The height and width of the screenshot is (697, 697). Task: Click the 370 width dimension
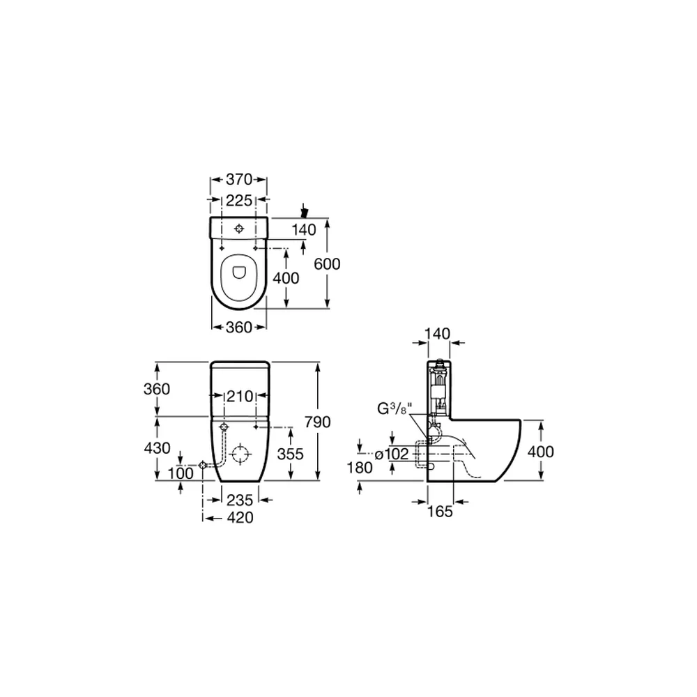pos(239,179)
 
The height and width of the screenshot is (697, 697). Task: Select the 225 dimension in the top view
pos(239,201)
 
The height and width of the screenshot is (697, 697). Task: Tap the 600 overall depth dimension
pos(327,264)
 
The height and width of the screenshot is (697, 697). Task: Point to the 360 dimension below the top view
pos(239,328)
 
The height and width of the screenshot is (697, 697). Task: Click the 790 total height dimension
pos(317,422)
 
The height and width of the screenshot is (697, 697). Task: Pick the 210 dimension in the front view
pos(240,396)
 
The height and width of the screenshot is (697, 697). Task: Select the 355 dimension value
pos(290,454)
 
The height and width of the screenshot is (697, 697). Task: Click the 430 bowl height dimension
pos(158,448)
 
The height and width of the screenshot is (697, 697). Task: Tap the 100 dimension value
pos(181,473)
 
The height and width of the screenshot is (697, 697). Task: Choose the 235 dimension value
pos(240,500)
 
